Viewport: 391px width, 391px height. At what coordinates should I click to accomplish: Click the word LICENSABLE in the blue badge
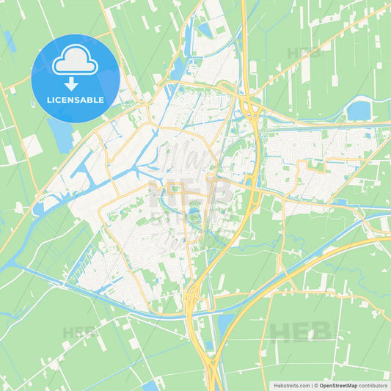76,100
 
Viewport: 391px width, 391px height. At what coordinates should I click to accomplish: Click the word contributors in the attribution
373,384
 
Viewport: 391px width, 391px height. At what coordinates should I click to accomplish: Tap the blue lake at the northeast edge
359,111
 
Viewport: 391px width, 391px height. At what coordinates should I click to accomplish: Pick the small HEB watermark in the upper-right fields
304,53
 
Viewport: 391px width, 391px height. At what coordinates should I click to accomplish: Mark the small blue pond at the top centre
204,30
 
